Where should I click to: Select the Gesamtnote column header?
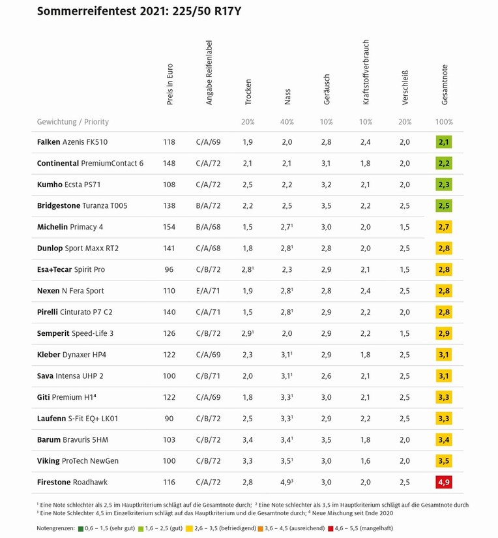click(445, 85)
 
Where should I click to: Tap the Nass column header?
click(287, 97)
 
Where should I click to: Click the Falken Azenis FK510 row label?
click(72, 142)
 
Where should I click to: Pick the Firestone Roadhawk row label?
click(72, 482)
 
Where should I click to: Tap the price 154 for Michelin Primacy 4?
click(169, 227)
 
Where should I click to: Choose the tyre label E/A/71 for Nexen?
click(209, 291)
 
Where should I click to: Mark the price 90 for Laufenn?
click(169, 418)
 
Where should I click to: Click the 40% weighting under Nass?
click(287, 122)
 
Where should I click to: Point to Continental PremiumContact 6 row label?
click(90, 163)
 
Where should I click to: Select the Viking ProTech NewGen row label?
click(78, 461)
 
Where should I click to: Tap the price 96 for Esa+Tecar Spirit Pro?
click(169, 269)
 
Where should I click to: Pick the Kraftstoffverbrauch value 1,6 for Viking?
click(366, 461)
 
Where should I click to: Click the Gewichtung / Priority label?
click(73, 122)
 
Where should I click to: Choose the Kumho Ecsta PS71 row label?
click(71, 185)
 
